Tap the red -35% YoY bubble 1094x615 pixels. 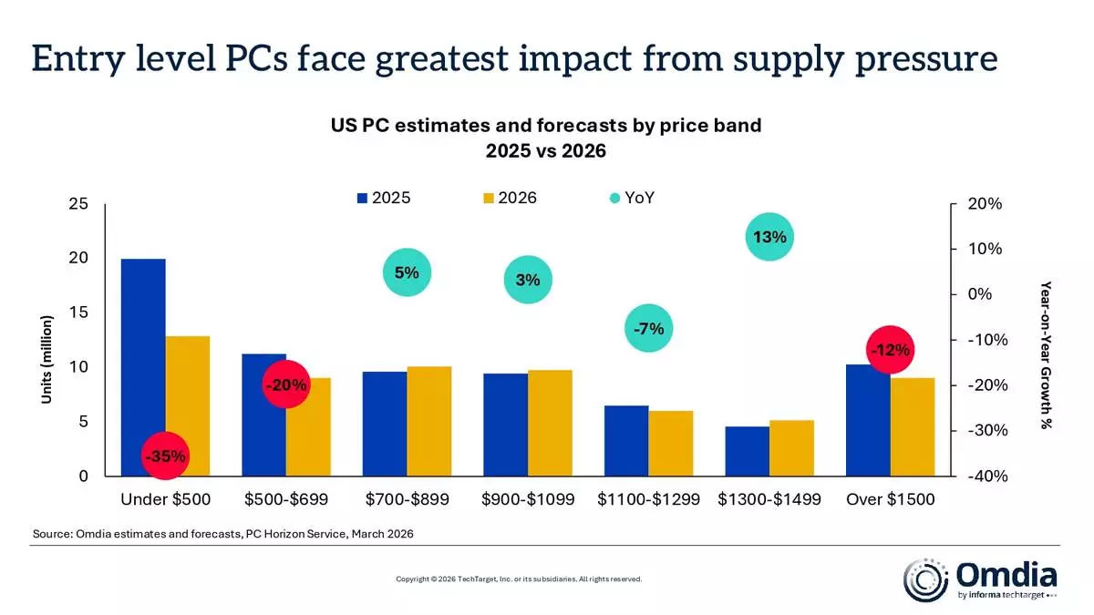pyautogui.click(x=167, y=455)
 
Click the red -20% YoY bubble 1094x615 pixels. pyautogui.click(x=286, y=384)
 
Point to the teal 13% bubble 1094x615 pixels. pyautogui.click(x=769, y=237)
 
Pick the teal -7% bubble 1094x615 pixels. pyautogui.click(x=649, y=328)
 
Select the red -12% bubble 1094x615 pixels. pyautogui.click(x=890, y=350)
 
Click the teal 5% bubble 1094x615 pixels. pyautogui.click(x=407, y=272)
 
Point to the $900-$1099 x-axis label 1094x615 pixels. pyautogui.click(x=528, y=499)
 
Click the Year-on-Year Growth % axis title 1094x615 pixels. pyautogui.click(x=1047, y=354)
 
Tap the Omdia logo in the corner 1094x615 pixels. pyautogui.click(x=980, y=580)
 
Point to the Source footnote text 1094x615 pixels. pyautogui.click(x=223, y=534)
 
